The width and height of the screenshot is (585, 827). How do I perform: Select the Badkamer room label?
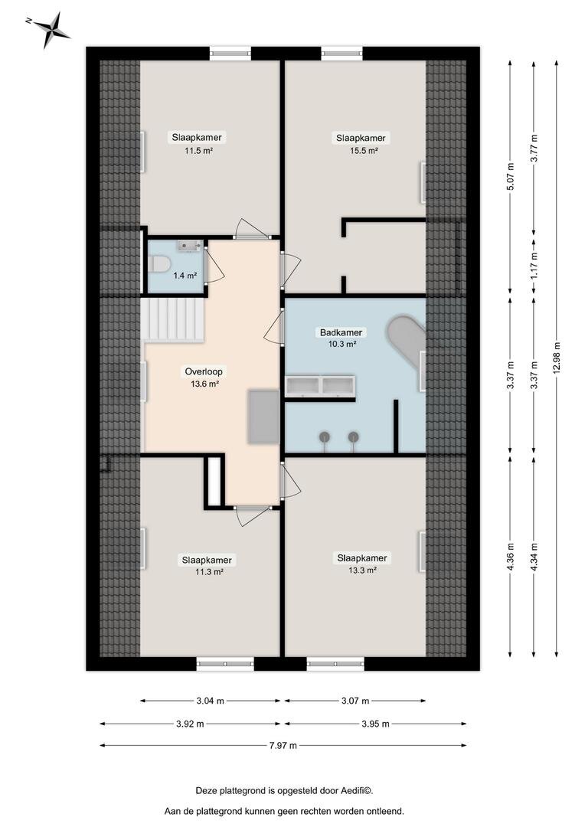tap(342, 333)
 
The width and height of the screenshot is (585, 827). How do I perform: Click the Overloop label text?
tap(204, 372)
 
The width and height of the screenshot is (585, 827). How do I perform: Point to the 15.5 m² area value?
tap(364, 150)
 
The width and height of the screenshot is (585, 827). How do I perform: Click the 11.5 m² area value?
tap(198, 150)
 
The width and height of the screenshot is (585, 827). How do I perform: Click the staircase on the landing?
tap(172, 319)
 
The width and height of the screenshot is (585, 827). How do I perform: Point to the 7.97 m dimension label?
tap(283, 745)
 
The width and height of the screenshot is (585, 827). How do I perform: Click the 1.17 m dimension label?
tap(534, 265)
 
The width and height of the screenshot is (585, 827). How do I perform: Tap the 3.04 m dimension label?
tap(210, 701)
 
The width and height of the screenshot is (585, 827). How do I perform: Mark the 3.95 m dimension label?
tap(376, 724)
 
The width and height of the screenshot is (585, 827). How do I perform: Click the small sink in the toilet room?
tap(188, 246)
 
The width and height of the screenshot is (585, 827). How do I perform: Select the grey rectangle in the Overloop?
tap(263, 417)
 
